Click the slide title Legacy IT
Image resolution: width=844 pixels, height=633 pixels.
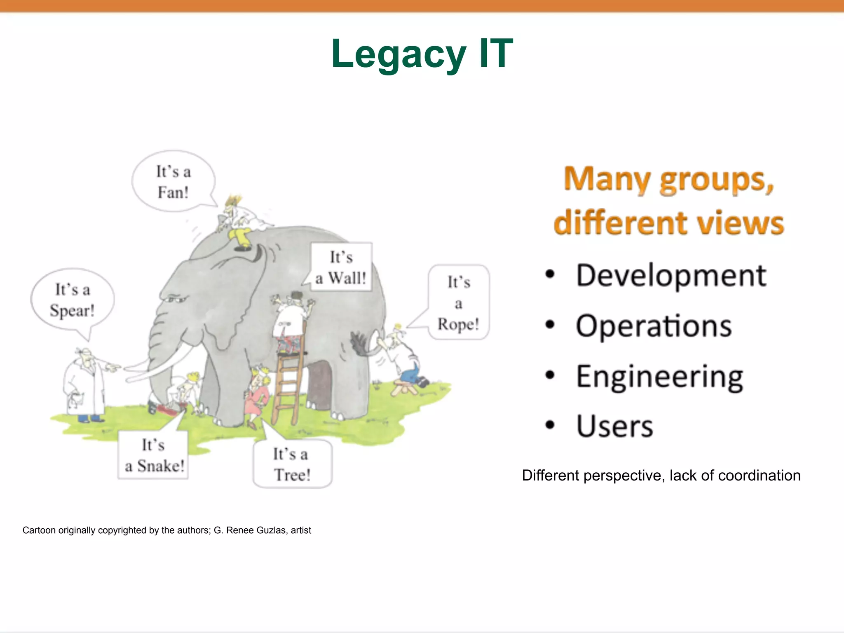coord(422,54)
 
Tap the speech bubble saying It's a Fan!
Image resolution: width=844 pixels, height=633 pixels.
coord(173,181)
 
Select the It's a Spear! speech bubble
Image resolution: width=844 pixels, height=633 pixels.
coord(73,300)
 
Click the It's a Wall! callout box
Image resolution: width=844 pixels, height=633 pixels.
coord(341,267)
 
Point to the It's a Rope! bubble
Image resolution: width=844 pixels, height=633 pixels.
coord(459,302)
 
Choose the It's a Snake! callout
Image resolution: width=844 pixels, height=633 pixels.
coord(153,455)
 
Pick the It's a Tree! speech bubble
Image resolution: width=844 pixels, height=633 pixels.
coord(292,464)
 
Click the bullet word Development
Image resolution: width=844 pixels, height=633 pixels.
coord(671,275)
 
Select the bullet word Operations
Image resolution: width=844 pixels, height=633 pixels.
coord(653,326)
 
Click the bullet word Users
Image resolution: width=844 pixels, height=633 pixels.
coord(614,426)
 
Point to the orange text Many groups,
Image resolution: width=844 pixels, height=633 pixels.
coord(668,180)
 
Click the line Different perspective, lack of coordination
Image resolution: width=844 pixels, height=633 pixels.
coord(661,476)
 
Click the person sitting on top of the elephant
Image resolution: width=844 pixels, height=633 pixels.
coord(239,223)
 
